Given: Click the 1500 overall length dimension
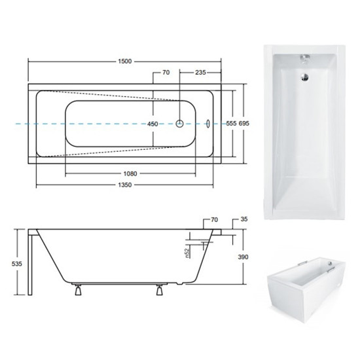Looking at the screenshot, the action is click(x=125, y=62).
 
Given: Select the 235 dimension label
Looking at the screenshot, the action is click(x=200, y=72).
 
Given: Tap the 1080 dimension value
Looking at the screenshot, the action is click(x=130, y=173).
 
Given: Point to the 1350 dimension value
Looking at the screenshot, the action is click(x=125, y=185).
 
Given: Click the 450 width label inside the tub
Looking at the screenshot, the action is click(x=153, y=124).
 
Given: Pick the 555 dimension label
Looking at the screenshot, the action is click(x=231, y=123).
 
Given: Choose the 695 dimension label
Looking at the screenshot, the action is click(x=244, y=123).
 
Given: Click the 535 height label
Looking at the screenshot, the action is click(x=17, y=264).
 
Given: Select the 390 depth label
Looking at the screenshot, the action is click(x=243, y=257).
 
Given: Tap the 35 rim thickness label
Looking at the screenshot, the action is click(x=244, y=219).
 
